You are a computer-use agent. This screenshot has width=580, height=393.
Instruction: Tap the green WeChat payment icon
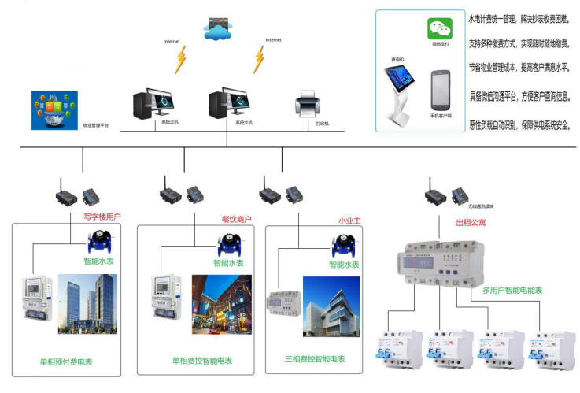pyautogui.click(x=441, y=29)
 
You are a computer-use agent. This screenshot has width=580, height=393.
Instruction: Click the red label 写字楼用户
pyautogui.click(x=102, y=216)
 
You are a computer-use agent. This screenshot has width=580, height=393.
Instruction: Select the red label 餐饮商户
pyautogui.click(x=235, y=219)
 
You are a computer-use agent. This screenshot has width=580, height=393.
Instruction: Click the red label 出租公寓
pyautogui.click(x=471, y=223)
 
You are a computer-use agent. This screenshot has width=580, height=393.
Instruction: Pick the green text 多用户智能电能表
pyautogui.click(x=512, y=291)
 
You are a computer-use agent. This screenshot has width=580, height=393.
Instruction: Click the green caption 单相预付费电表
pyautogui.click(x=66, y=362)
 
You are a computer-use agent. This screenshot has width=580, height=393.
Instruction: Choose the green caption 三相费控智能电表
pyautogui.click(x=315, y=359)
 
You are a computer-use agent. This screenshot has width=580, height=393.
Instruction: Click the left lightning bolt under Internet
pyautogui.click(x=182, y=58)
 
